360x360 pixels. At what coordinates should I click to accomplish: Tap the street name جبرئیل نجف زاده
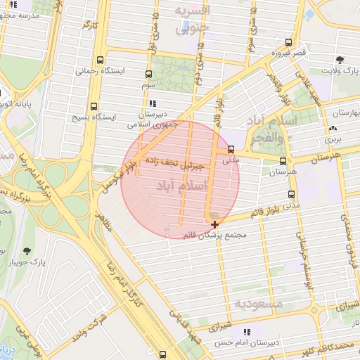point(174,165)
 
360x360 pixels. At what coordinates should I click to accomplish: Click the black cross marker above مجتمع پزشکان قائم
point(214,224)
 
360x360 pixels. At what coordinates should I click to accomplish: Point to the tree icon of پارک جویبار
point(27,251)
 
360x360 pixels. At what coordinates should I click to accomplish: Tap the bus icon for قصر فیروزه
point(288,43)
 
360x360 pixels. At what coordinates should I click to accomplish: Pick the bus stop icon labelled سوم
point(148,74)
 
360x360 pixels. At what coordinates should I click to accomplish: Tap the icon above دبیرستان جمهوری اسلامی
point(153,103)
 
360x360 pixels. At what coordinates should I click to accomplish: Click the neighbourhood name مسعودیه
point(258,304)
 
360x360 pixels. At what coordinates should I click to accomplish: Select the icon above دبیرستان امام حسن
point(246,331)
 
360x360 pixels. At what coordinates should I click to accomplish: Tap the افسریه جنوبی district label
point(192,20)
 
